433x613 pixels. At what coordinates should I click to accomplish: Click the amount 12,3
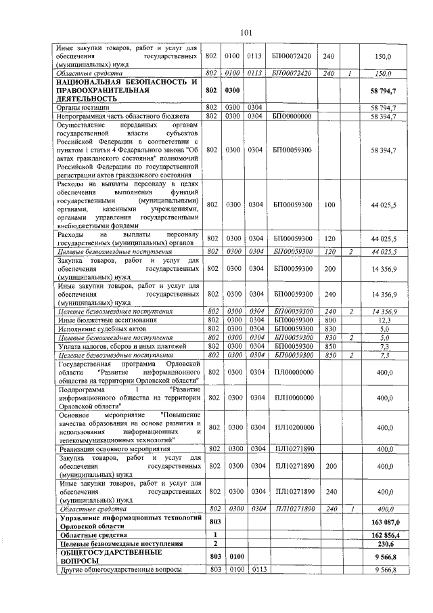pos(386,320)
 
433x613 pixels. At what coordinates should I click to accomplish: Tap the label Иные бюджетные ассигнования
pos(98,320)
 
